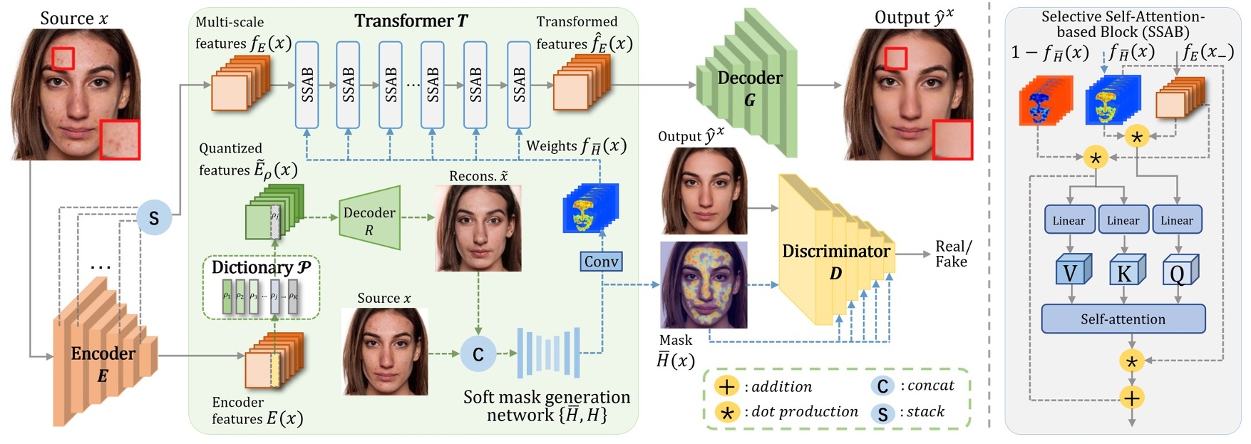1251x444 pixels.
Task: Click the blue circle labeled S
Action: [154, 217]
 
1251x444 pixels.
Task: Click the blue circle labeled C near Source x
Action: [478, 354]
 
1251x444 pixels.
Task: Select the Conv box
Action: [601, 262]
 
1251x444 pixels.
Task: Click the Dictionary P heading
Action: [261, 267]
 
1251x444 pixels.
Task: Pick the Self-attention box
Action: [1123, 319]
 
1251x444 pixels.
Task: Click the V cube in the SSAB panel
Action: [1071, 272]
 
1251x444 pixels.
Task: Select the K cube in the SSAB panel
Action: [1125, 272]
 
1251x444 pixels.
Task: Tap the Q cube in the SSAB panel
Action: [1178, 272]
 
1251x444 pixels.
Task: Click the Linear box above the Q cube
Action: [1176, 220]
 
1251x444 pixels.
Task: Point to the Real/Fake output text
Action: [953, 254]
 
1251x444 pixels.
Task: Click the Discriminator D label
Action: [835, 261]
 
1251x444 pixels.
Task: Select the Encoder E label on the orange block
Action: [103, 363]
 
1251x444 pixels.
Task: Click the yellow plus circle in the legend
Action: [726, 387]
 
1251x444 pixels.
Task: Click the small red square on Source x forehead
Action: [63, 58]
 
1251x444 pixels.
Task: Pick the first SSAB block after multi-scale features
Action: [307, 84]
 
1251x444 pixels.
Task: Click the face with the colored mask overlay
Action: [704, 285]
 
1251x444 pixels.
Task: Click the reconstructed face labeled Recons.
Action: [478, 228]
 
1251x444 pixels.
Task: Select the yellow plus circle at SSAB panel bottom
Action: [1131, 398]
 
